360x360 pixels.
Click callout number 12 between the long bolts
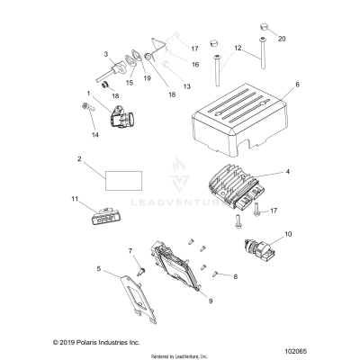(238, 47)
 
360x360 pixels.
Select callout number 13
(186, 85)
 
